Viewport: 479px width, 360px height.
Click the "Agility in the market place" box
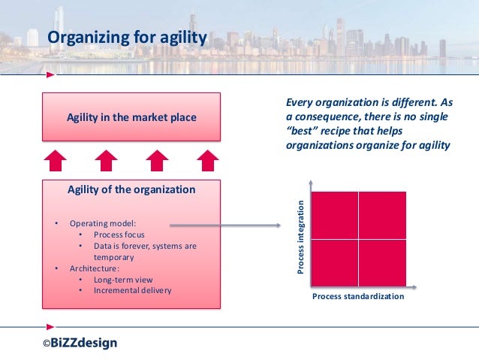point(131,117)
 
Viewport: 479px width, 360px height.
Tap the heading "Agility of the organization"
point(131,189)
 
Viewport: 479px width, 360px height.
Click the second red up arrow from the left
point(107,160)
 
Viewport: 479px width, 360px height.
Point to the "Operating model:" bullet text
point(103,224)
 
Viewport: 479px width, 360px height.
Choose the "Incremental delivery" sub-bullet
point(133,290)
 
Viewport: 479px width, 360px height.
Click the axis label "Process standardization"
point(357,297)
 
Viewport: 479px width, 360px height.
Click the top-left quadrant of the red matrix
point(334,214)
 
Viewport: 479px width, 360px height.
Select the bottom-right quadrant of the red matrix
point(382,262)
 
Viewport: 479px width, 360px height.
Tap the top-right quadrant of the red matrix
point(382,214)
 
